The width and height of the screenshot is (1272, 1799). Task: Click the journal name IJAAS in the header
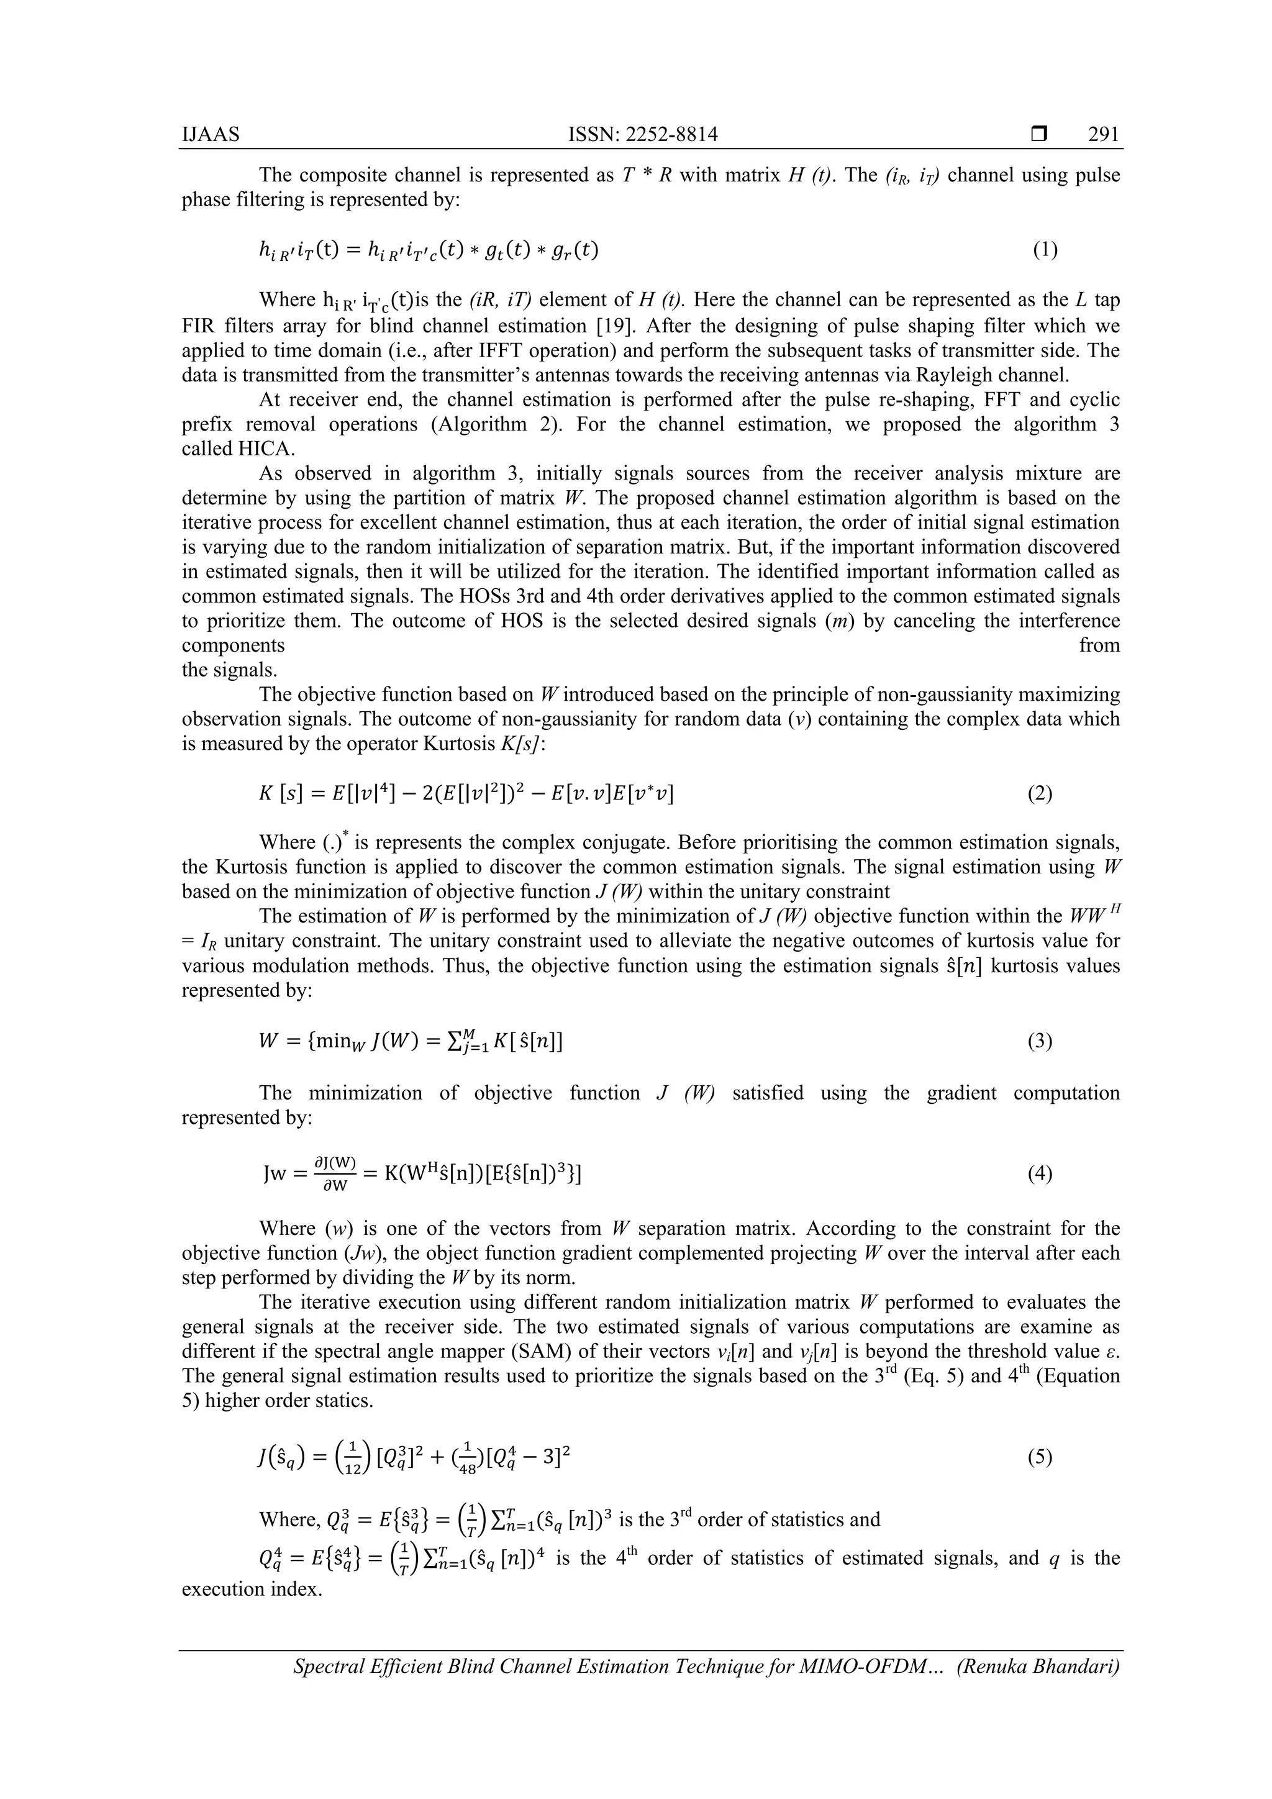[x=211, y=135]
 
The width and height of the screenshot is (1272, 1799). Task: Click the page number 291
[x=1104, y=135]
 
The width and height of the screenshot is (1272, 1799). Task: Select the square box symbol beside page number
[x=1039, y=135]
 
